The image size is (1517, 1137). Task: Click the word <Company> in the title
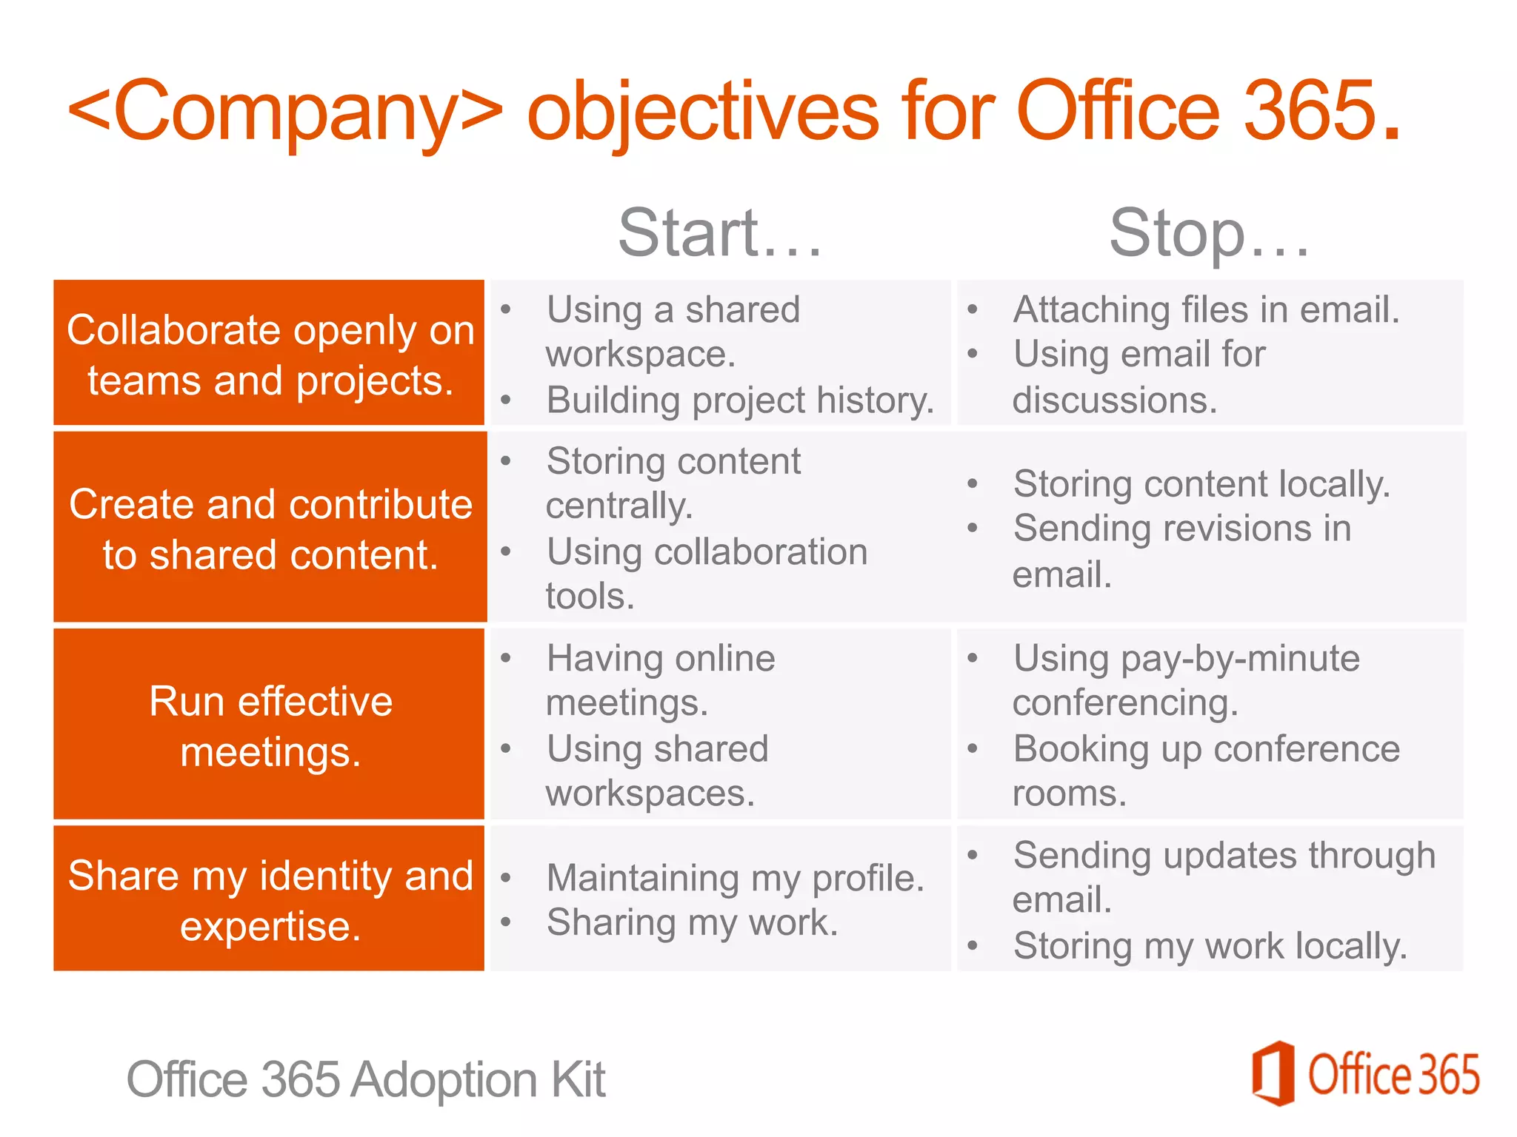pos(285,111)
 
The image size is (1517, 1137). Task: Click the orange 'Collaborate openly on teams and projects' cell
pos(270,353)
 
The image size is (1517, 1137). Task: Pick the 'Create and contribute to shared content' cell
pos(270,527)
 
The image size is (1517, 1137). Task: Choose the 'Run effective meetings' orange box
pos(270,725)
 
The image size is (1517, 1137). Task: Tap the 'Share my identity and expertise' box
pos(270,899)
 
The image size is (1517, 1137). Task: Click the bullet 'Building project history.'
pos(739,400)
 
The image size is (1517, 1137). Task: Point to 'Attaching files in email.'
pos(1206,309)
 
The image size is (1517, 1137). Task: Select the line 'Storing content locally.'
pos(1201,484)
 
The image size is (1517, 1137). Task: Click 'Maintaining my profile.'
pos(735,878)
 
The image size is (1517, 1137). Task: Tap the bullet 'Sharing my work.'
pos(692,922)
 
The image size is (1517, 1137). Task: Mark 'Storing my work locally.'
pos(1210,945)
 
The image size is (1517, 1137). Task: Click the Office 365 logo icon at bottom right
pos(1273,1073)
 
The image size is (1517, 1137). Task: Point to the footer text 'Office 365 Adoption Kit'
pos(366,1079)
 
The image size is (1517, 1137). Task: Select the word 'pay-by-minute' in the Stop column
pos(1240,658)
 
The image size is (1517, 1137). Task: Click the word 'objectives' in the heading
pos(702,111)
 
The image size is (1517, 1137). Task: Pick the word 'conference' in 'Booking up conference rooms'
pos(1307,748)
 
